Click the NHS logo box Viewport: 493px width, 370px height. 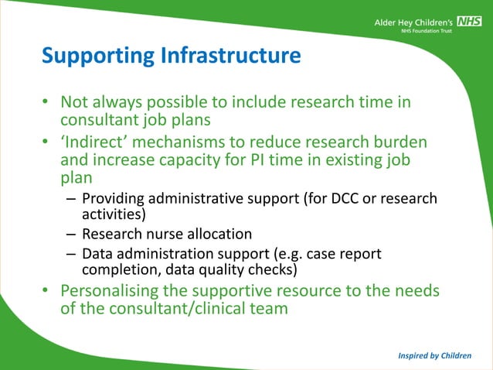click(x=469, y=22)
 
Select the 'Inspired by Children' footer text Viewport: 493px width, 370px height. click(x=435, y=355)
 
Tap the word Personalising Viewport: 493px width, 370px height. click(x=123, y=291)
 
